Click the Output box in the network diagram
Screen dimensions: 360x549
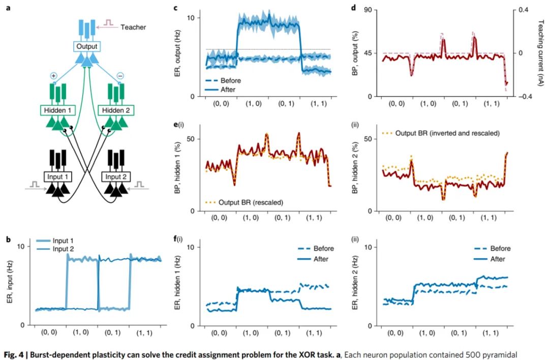click(86, 47)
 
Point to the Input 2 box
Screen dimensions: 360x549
click(117, 177)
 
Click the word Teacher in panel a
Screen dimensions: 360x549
click(133, 27)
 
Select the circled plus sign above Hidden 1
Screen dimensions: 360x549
click(54, 75)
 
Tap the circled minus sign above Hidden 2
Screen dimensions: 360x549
click(120, 75)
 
